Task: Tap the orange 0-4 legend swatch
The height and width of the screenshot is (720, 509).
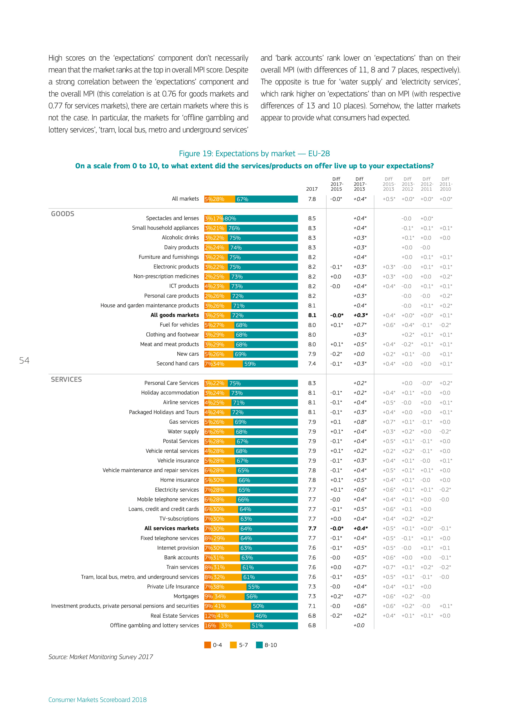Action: [207, 645]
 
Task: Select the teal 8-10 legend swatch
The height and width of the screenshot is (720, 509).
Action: [259, 645]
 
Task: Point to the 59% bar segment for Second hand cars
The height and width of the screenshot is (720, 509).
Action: [270, 364]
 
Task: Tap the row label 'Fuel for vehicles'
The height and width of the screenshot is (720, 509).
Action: [179, 325]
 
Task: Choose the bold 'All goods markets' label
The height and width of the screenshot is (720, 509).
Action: [174, 315]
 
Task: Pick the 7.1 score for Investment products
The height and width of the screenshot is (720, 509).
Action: [312, 606]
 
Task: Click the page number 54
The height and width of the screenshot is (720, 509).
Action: [24, 361]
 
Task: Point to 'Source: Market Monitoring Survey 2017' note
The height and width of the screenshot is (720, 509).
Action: [101, 657]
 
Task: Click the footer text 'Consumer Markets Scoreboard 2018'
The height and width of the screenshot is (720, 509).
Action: [97, 700]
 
